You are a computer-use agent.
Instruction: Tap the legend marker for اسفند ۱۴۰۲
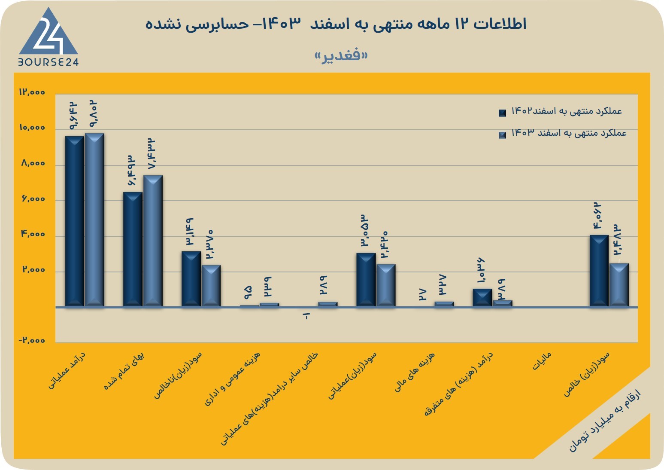pyautogui.click(x=502, y=113)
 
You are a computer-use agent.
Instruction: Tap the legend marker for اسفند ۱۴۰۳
pyautogui.click(x=502, y=135)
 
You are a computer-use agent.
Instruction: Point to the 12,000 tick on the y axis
pyautogui.click(x=32, y=92)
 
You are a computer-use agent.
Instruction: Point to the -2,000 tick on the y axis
pyautogui.click(x=32, y=340)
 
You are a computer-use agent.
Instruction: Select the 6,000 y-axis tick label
pyautogui.click(x=33, y=198)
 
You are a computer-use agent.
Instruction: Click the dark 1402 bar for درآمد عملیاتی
pyautogui.click(x=75, y=221)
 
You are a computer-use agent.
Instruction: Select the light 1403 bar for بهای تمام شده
pyautogui.click(x=153, y=241)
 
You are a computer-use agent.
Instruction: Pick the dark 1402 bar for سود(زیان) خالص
pyautogui.click(x=599, y=271)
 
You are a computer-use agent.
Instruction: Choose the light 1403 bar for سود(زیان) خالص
pyautogui.click(x=619, y=285)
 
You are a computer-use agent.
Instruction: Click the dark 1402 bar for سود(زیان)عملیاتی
pyautogui.click(x=366, y=280)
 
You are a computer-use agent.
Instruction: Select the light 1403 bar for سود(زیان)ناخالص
pyautogui.click(x=211, y=286)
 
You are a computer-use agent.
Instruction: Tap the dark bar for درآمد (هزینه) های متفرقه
pyautogui.click(x=482, y=298)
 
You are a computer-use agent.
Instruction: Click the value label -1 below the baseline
pyautogui.click(x=306, y=316)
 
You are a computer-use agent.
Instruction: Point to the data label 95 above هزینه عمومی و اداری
pyautogui.click(x=249, y=293)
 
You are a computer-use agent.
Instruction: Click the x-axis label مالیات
pyautogui.click(x=542, y=361)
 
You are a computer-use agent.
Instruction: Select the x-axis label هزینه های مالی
pyautogui.click(x=414, y=372)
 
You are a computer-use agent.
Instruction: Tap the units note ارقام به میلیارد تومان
pyautogui.click(x=605, y=420)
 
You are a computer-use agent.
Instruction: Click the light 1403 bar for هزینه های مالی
pyautogui.click(x=444, y=304)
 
